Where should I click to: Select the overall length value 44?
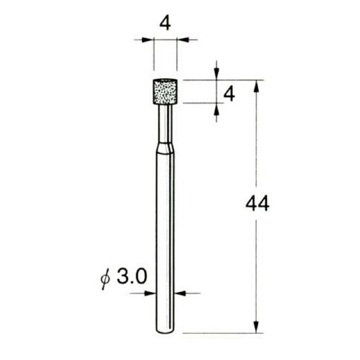[257, 204]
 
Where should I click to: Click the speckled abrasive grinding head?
[165, 91]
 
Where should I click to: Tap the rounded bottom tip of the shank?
[165, 331]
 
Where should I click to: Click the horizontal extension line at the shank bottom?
[222, 333]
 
